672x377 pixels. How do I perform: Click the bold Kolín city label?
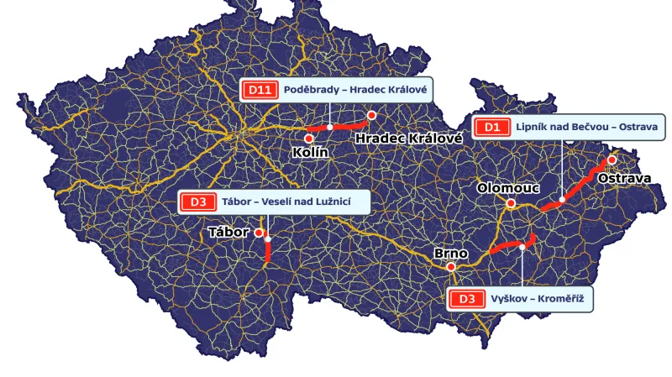coord(309,153)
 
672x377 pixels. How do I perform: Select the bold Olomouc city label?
coord(507,188)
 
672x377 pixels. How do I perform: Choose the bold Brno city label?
coord(450,252)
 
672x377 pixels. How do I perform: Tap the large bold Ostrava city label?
coord(624,178)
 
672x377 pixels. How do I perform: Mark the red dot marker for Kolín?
coord(309,138)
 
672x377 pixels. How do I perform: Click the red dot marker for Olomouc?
coord(510,203)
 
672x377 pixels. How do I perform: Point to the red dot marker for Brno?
coord(451,267)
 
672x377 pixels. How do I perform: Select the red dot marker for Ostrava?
coord(612,160)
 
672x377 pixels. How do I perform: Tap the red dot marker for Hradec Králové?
coord(371,115)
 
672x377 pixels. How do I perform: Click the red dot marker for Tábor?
coord(260,233)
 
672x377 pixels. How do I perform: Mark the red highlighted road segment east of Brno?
coord(508,246)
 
